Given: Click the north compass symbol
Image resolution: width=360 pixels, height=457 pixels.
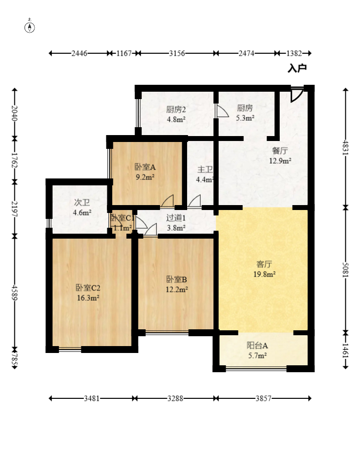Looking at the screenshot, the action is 30,27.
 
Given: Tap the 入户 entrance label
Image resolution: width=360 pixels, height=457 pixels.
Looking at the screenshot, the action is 297,69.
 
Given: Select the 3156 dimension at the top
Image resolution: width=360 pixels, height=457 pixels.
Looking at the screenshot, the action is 177,53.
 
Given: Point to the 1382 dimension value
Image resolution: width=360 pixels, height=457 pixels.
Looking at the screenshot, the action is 294,53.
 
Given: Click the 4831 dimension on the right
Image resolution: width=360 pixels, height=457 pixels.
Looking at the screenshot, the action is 345,148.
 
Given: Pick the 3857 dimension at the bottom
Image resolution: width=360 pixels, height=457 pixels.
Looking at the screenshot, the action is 263,398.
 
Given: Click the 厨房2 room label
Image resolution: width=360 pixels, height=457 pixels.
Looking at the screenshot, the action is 176,109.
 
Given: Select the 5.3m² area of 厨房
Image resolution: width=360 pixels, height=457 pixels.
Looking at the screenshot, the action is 245,118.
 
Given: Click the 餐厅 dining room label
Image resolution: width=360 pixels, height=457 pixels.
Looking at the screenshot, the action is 280,151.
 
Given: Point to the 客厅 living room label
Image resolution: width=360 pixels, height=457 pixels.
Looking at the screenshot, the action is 264,264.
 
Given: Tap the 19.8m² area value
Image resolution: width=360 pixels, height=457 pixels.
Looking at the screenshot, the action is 264,274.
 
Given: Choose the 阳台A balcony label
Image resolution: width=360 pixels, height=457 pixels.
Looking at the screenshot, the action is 257,346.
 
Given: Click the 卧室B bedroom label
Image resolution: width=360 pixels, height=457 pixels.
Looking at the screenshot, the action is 176,279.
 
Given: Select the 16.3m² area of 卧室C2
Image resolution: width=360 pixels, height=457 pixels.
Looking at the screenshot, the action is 88,298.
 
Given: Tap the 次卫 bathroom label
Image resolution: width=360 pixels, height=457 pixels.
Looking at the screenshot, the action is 82,202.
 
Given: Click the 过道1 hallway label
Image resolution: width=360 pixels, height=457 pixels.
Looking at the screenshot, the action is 176,218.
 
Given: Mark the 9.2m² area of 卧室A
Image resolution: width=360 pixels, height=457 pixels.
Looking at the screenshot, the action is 145,177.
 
